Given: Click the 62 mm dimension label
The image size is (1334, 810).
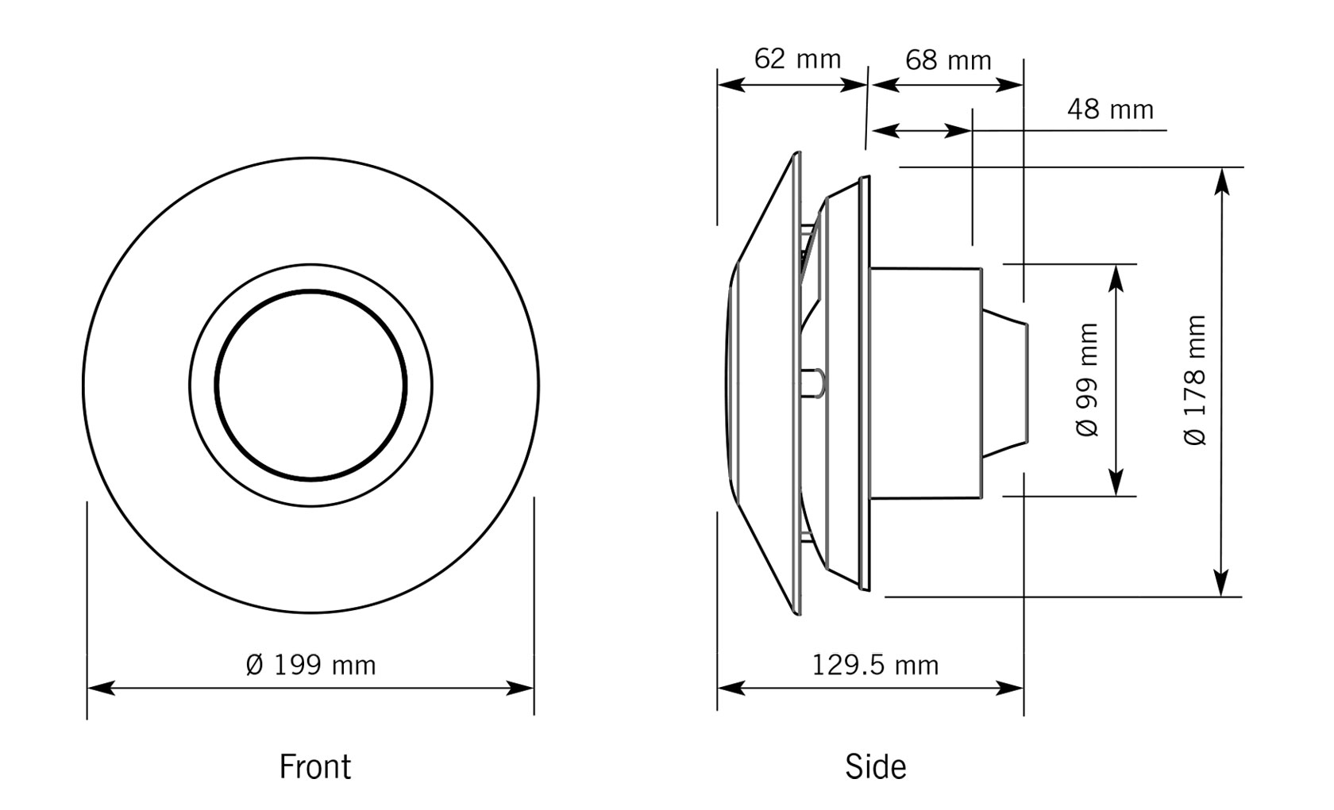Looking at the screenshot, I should (x=796, y=59).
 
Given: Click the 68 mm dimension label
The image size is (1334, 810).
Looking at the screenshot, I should (x=947, y=60).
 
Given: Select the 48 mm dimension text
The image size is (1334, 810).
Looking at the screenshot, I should (x=1109, y=109).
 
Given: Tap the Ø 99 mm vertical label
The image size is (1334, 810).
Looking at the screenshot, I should (x=1088, y=380).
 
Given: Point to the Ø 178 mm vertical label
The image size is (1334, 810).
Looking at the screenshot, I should (x=1195, y=380).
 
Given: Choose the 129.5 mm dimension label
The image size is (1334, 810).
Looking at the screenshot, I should (x=874, y=665).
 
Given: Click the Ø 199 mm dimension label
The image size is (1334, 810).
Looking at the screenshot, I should (x=310, y=665).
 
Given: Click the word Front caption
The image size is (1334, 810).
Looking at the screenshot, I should (x=314, y=766).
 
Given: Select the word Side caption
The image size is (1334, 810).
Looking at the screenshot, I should (x=875, y=766).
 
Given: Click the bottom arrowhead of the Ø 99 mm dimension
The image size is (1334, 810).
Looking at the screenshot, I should (x=1116, y=483).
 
